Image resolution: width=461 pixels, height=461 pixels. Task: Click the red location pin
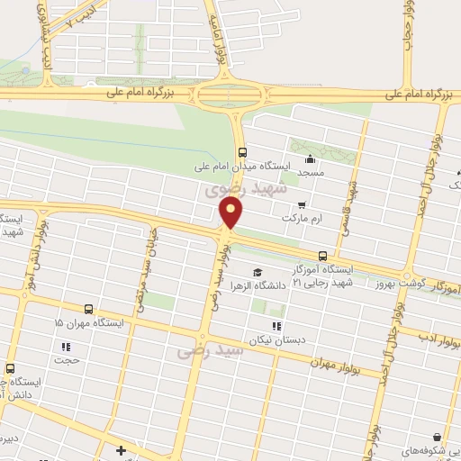click(x=231, y=212)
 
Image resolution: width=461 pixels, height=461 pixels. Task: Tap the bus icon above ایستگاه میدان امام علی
click(x=241, y=152)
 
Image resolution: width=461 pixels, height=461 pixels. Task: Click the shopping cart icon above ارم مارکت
click(x=302, y=204)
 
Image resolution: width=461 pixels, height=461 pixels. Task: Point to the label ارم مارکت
click(x=301, y=218)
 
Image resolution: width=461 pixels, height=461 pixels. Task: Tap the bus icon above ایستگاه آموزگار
click(x=322, y=256)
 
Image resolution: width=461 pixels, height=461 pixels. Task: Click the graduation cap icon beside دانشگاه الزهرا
click(x=257, y=272)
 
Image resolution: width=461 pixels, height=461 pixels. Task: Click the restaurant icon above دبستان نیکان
click(x=276, y=326)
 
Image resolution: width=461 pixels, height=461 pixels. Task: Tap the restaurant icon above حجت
click(x=66, y=347)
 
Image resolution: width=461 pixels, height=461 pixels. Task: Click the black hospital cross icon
click(x=122, y=448)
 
